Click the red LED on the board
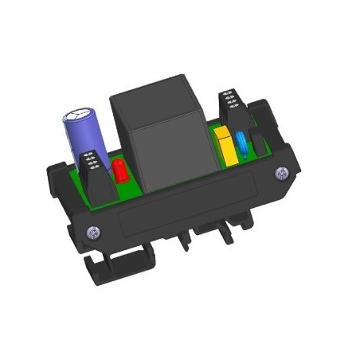point(119,172)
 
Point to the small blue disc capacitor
point(240,143)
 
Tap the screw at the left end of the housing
point(95,232)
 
